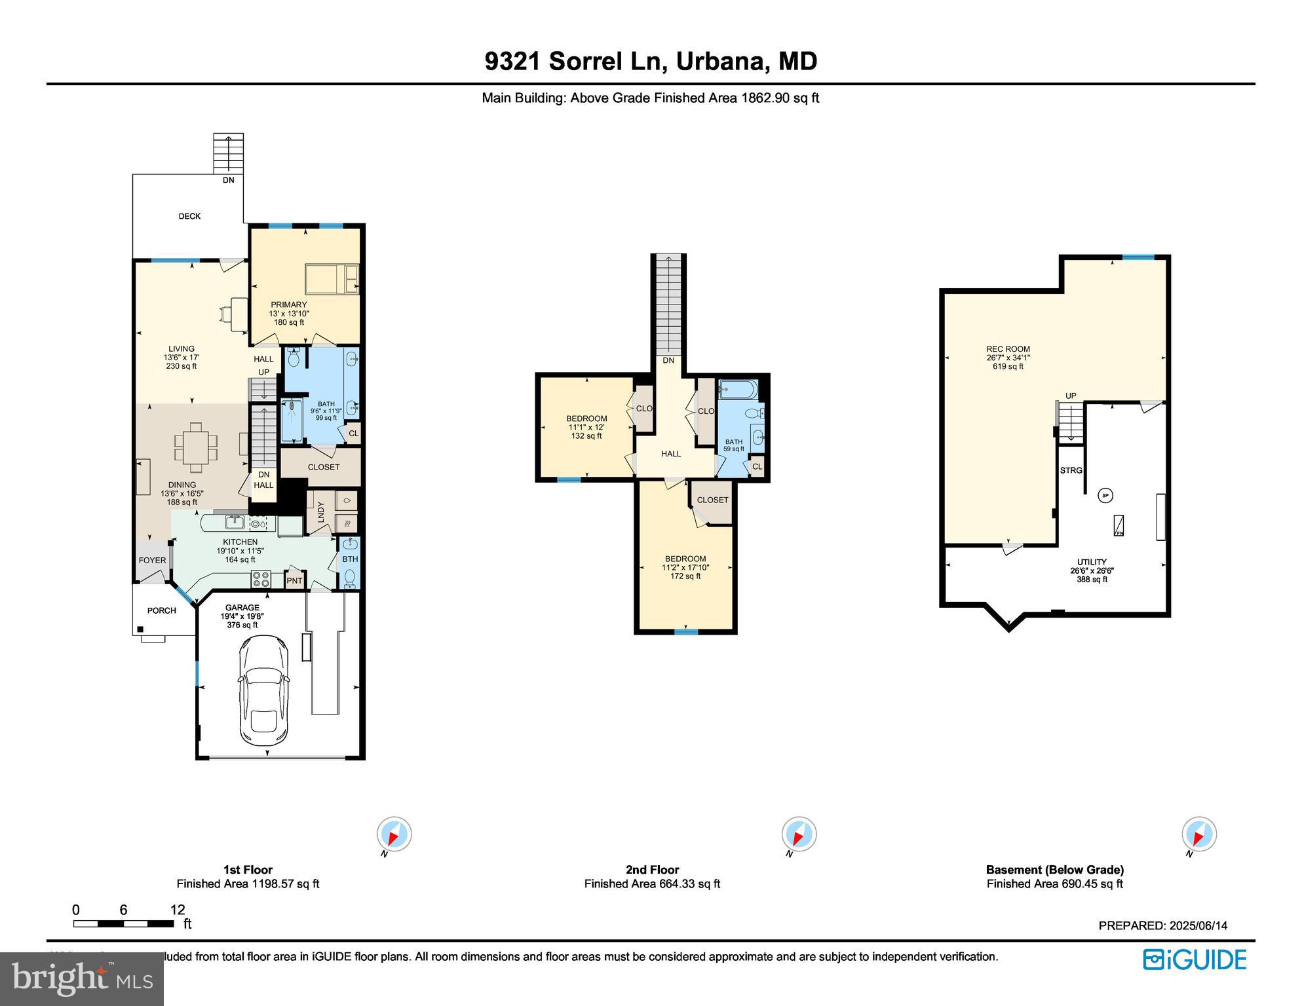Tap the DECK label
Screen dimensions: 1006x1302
[189, 216]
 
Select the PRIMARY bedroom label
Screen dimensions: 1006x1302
[289, 305]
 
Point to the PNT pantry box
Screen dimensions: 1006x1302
[295, 581]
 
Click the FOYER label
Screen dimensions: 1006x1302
[152, 560]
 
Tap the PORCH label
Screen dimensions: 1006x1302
[161, 610]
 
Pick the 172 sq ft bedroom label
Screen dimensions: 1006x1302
[685, 567]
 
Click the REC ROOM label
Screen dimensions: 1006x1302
[1008, 349]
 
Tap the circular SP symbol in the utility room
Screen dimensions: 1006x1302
[1105, 496]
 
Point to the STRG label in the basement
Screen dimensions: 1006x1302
[1071, 470]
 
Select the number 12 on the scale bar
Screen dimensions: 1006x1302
[178, 910]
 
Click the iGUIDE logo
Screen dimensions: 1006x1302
[1195, 960]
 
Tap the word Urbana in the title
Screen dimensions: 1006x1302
[720, 62]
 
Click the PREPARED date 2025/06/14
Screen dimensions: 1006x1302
[1198, 925]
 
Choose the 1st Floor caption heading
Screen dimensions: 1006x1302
[248, 870]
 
